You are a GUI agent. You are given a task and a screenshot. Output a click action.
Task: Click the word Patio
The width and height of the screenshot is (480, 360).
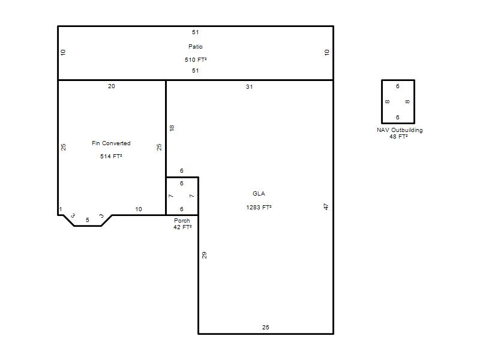[196, 47]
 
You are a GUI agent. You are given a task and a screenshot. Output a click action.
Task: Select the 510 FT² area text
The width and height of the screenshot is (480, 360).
[196, 59]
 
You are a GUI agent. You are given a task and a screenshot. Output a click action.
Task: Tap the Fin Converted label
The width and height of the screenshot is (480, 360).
[111, 143]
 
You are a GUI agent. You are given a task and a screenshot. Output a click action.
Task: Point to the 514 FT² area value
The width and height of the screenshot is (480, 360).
[111, 157]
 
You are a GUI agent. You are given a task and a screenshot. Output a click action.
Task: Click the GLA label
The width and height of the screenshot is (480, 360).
[259, 193]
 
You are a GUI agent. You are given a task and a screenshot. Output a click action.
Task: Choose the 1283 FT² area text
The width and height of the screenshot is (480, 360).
[259, 207]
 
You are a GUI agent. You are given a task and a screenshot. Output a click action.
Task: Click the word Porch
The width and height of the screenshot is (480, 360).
[182, 220]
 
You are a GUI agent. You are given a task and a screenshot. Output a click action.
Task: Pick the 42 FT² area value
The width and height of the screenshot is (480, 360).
[182, 227]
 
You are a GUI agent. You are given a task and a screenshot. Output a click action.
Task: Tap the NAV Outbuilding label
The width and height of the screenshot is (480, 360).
[400, 130]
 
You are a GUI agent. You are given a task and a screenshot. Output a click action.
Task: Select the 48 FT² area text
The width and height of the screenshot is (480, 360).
[398, 137]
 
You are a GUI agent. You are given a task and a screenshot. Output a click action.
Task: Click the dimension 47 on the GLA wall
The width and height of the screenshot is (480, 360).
[326, 206]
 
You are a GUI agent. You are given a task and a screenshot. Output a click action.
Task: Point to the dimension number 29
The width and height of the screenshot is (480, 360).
[204, 255]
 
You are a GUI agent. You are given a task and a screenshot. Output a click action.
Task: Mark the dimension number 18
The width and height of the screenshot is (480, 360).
[172, 128]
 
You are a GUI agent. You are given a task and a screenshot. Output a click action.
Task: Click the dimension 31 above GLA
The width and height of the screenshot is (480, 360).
[249, 87]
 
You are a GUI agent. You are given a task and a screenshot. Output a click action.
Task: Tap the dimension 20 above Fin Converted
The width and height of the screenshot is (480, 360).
[112, 86]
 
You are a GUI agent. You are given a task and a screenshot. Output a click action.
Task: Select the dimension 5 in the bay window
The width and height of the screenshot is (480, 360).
[88, 220]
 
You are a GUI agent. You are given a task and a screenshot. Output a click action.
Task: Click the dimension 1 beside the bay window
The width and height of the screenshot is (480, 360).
[61, 209]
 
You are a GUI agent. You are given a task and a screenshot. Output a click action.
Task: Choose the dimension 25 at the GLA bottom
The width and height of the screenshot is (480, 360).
[266, 328]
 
